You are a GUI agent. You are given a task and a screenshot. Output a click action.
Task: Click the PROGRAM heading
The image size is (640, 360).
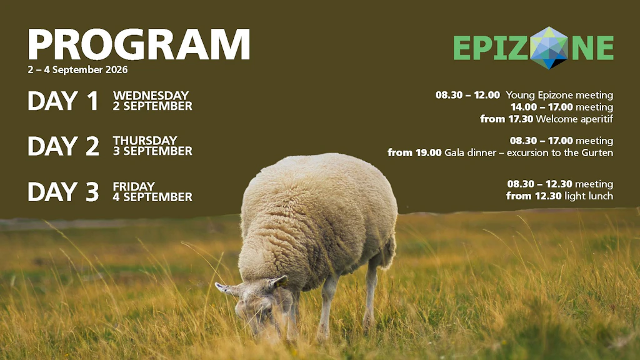(139, 44)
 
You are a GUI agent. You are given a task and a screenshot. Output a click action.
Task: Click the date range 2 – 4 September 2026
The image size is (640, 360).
(77, 70)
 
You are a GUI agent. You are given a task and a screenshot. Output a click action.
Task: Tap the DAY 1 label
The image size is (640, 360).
(63, 101)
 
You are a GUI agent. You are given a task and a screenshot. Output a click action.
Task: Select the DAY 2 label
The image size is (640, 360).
(63, 146)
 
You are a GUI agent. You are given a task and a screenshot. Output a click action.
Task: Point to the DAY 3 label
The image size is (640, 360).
(63, 192)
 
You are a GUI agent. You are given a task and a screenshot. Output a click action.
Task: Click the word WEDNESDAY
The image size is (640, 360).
(151, 96)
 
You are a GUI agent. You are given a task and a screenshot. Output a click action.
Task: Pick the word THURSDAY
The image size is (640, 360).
(145, 141)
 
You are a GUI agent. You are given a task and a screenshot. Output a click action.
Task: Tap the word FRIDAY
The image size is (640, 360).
(134, 186)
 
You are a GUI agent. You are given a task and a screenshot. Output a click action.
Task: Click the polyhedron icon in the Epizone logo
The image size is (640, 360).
(549, 47)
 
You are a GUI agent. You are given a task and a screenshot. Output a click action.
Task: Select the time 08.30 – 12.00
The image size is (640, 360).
(467, 95)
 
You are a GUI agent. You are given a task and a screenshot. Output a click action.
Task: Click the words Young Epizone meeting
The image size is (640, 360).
(559, 96)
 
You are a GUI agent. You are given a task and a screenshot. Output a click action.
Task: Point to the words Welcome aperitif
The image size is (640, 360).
(574, 119)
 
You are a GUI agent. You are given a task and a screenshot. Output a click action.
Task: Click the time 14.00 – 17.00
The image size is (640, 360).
(542, 107)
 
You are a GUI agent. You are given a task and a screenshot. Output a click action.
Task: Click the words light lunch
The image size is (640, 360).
(589, 196)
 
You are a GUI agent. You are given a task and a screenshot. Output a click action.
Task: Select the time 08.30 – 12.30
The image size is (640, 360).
(539, 184)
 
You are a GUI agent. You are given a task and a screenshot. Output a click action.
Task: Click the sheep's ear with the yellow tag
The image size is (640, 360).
(278, 282)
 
